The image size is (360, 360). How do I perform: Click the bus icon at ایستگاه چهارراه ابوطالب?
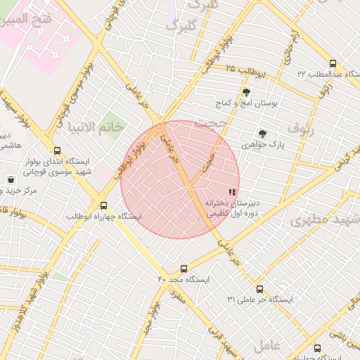104,205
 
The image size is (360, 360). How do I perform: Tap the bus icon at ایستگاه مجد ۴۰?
184,269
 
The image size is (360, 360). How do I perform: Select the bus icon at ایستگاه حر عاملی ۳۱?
259,289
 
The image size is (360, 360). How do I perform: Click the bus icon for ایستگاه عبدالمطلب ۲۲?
333,63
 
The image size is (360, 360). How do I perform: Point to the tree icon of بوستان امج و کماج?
246,92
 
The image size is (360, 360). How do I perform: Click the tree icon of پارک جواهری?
262,134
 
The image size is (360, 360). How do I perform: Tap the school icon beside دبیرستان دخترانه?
232,192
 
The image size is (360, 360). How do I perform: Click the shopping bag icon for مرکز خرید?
10,180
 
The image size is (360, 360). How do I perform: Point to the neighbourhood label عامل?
268,345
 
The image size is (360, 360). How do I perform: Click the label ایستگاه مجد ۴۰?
184,279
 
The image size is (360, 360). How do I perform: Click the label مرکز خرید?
28,191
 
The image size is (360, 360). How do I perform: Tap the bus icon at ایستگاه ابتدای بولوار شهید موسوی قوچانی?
57,150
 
